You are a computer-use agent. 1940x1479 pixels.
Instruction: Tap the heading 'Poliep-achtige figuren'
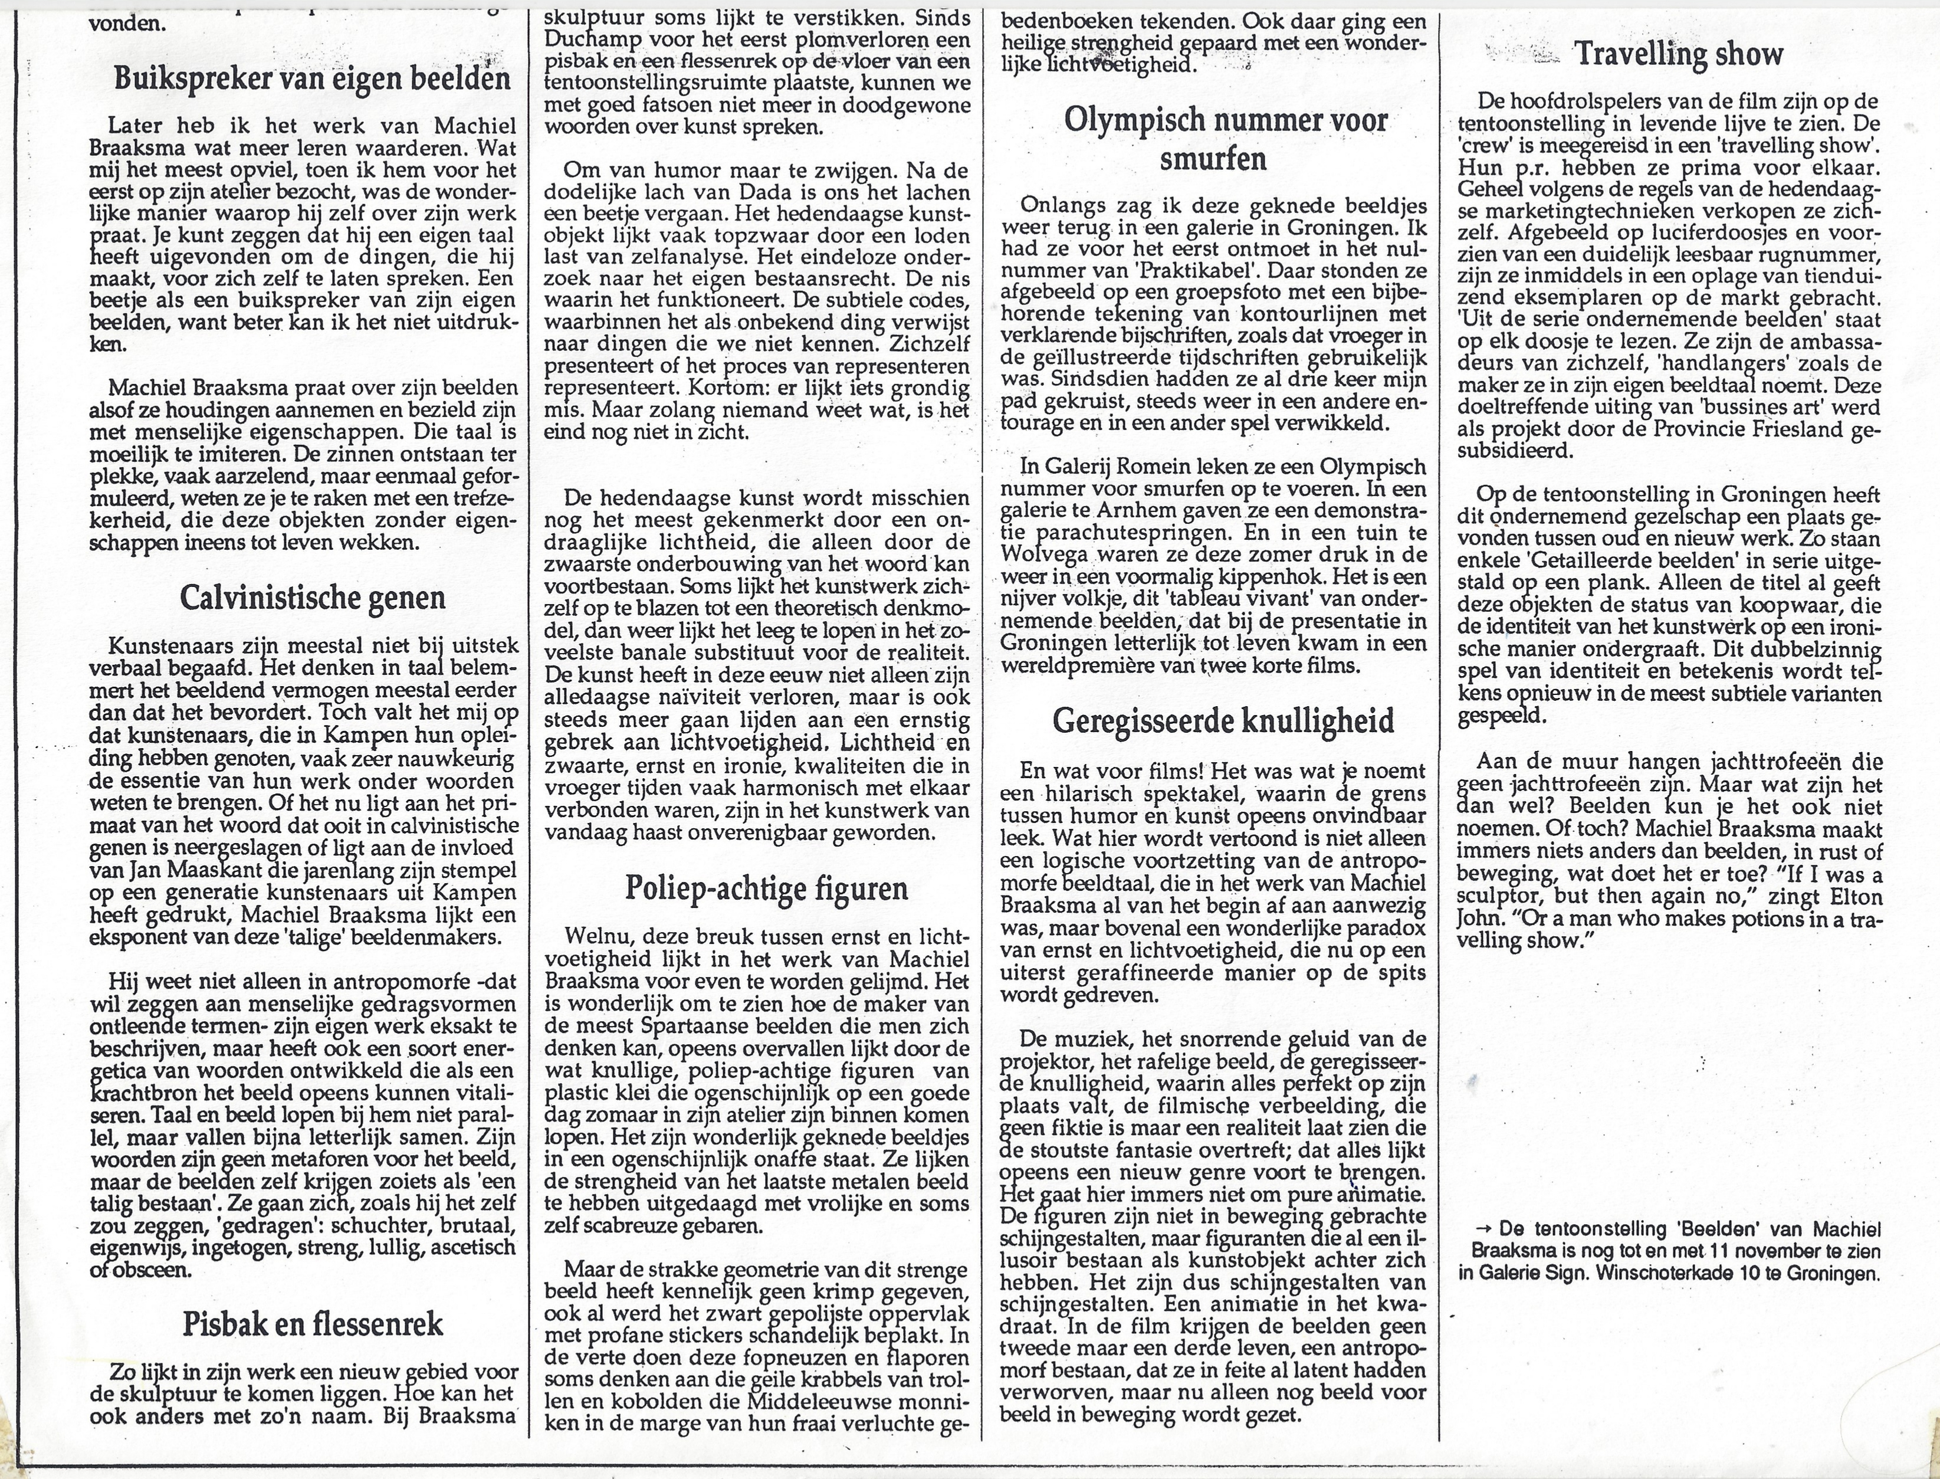click(766, 888)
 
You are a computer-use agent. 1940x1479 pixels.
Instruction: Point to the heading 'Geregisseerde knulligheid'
click(1223, 721)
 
